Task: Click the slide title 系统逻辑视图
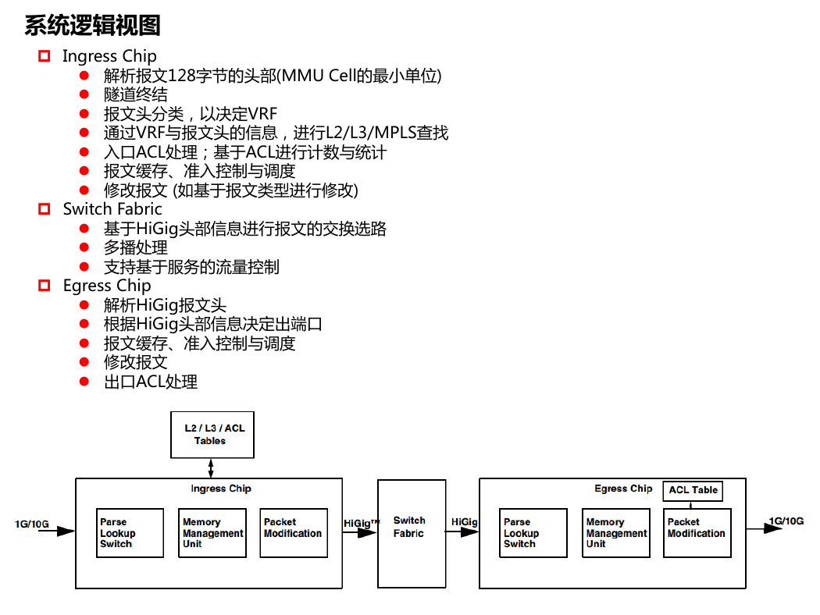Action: [x=93, y=25]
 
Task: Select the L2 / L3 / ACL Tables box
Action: [x=212, y=435]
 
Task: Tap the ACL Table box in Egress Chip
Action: [x=693, y=491]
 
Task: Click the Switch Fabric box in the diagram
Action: [x=412, y=534]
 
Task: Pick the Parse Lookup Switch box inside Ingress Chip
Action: [x=130, y=533]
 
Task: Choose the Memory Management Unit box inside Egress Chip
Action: [x=616, y=533]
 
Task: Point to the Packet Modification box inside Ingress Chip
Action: [x=294, y=533]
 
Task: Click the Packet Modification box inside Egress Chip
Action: [x=697, y=533]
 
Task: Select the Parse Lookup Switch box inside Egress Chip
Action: [x=533, y=533]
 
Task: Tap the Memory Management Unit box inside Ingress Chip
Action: [x=212, y=533]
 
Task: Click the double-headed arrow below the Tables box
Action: [x=211, y=468]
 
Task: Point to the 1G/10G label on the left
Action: [x=32, y=524]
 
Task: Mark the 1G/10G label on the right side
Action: [x=786, y=521]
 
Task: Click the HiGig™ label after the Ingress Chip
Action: [x=362, y=523]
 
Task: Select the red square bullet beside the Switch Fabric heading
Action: [x=45, y=209]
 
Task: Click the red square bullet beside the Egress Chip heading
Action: [x=45, y=286]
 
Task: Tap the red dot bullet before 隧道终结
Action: [x=84, y=94]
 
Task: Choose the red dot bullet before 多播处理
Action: [x=84, y=247]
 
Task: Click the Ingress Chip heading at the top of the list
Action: [x=110, y=56]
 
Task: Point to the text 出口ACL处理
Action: [x=151, y=382]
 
